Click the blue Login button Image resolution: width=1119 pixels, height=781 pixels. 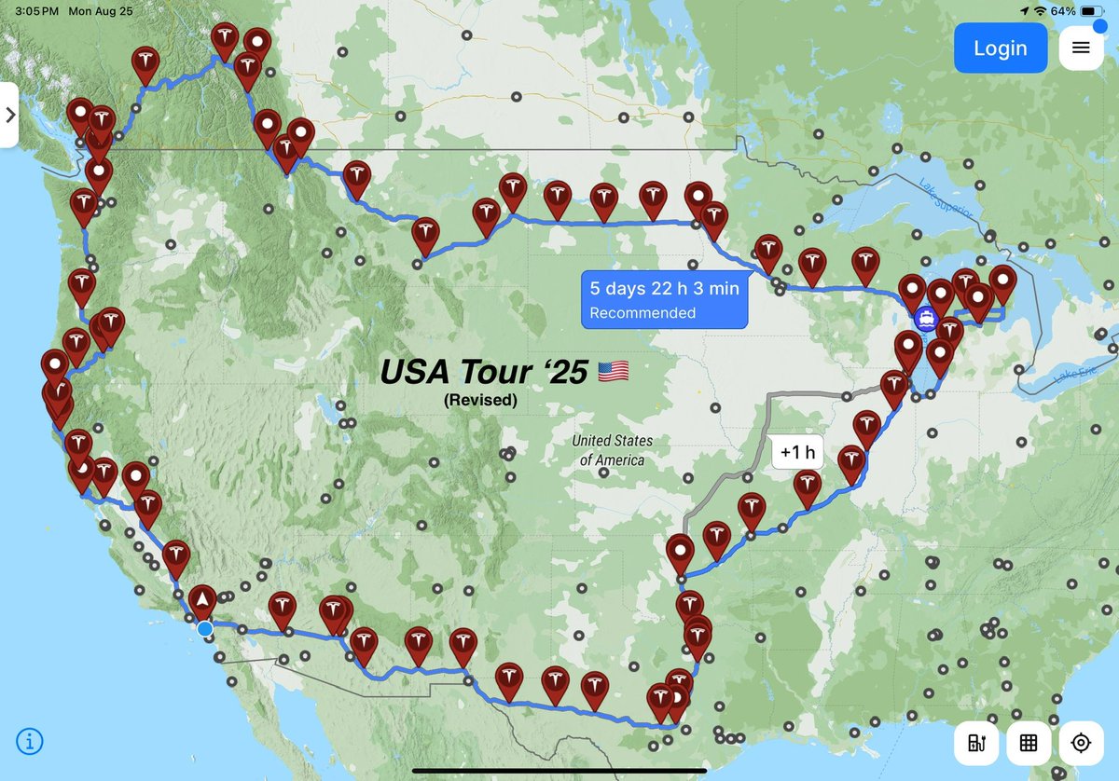click(1000, 48)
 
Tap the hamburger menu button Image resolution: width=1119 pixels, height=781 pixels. click(1081, 48)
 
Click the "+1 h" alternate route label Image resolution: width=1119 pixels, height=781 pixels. click(797, 453)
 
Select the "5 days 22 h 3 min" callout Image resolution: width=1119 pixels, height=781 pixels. click(664, 299)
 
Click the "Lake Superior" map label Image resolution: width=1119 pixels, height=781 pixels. click(946, 199)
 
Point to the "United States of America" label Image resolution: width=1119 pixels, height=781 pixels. click(613, 450)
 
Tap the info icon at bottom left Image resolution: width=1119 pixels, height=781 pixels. click(30, 742)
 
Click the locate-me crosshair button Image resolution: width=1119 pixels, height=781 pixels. click(1081, 743)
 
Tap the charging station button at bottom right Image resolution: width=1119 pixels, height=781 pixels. click(976, 743)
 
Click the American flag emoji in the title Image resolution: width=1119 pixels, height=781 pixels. click(613, 372)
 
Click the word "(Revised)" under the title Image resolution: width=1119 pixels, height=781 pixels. click(480, 400)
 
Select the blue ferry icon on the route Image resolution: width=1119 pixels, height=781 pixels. click(926, 319)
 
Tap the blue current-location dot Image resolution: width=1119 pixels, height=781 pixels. click(204, 628)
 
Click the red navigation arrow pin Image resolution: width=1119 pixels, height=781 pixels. click(201, 599)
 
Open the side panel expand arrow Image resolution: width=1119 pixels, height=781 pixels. click(9, 115)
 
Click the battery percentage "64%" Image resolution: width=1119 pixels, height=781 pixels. click(1061, 10)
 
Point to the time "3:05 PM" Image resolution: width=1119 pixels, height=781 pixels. click(37, 11)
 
